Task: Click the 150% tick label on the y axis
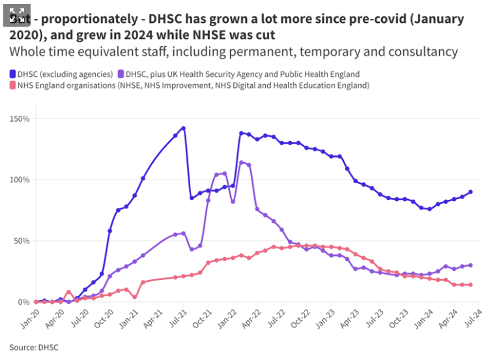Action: click(19, 119)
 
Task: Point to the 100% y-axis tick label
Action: click(19, 180)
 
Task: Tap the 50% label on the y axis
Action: click(21, 241)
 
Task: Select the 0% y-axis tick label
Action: click(23, 302)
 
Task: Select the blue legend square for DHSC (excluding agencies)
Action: click(13, 74)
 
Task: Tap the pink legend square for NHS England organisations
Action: click(13, 85)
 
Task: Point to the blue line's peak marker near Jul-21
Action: click(184, 128)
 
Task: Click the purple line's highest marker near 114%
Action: click(242, 163)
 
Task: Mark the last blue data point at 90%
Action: click(470, 192)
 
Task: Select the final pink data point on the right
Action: click(470, 284)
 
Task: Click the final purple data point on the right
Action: click(470, 265)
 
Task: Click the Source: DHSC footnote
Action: click(34, 347)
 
